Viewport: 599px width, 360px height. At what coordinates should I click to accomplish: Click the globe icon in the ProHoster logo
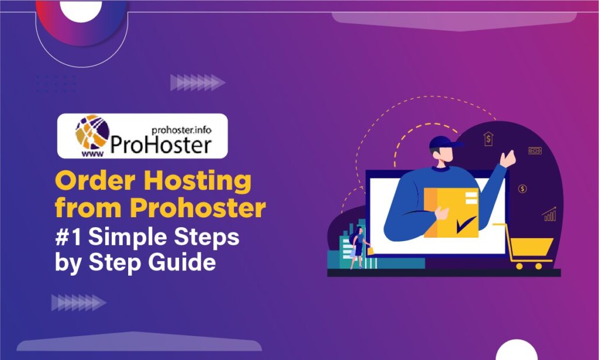click(x=92, y=132)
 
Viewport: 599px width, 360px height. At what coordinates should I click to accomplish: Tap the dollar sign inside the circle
click(x=522, y=188)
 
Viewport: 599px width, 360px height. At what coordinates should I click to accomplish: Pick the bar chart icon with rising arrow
click(x=549, y=214)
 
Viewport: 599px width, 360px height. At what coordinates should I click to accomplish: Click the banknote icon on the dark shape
click(x=535, y=151)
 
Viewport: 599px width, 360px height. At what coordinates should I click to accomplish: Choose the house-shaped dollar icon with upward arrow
click(x=488, y=139)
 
